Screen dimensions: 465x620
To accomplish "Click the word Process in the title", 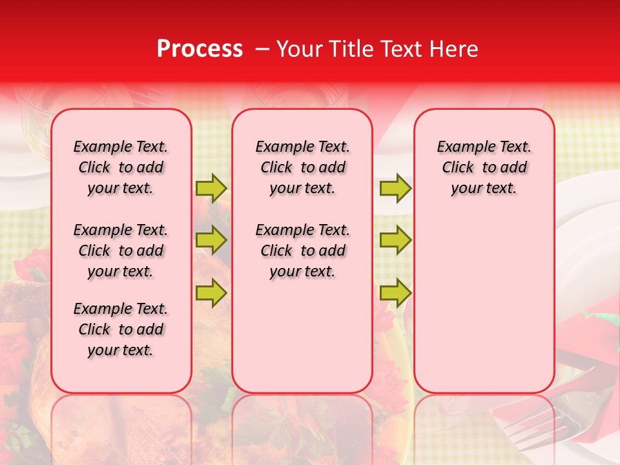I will point(200,49).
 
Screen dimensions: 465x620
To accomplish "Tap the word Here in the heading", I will point(456,49).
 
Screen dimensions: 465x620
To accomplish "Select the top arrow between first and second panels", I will point(211,188).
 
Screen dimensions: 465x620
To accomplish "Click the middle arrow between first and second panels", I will point(211,240).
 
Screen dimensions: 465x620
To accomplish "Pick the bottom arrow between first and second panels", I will point(211,293).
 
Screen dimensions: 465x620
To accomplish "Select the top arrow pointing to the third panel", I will point(395,188).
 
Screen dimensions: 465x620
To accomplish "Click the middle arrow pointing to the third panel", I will point(395,240).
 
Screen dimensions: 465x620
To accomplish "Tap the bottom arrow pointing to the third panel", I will point(395,293).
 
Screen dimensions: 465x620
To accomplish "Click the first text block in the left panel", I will point(121,167).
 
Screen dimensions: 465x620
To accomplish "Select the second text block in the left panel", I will point(121,251).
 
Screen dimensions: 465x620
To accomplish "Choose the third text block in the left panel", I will point(121,329).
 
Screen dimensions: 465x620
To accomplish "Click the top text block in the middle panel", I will point(302,167).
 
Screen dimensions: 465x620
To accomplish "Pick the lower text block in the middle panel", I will point(302,251).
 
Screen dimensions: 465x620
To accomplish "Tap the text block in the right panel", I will point(484,167).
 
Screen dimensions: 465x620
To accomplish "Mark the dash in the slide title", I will point(262,49).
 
